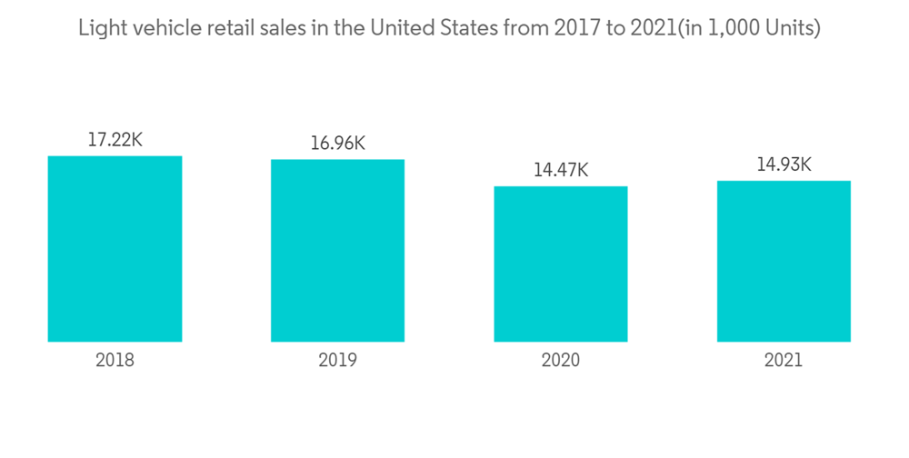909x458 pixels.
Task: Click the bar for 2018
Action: click(x=115, y=249)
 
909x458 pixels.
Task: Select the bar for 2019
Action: click(x=337, y=251)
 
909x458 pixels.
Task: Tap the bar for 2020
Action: click(x=561, y=264)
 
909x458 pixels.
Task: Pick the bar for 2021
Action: click(x=784, y=262)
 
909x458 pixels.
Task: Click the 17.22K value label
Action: click(x=115, y=140)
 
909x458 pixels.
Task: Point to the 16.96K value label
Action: click(x=337, y=144)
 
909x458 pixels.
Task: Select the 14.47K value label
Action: click(x=561, y=170)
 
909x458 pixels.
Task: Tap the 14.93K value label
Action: click(x=784, y=164)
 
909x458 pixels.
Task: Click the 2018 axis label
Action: click(x=115, y=360)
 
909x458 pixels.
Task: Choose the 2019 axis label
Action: click(x=337, y=360)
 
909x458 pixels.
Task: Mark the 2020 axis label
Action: click(x=561, y=360)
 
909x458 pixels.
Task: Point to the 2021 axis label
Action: click(x=784, y=360)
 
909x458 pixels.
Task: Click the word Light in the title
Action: click(x=99, y=29)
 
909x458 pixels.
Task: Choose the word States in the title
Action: click(x=466, y=29)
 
